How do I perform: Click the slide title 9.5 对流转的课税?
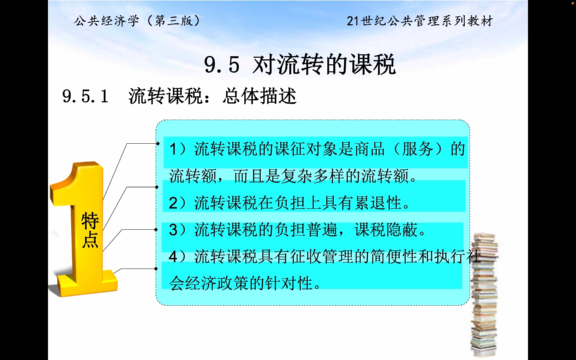click(x=300, y=64)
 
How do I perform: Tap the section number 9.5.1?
click(x=85, y=97)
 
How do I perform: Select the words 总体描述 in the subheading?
click(x=259, y=97)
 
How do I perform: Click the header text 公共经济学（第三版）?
click(x=137, y=21)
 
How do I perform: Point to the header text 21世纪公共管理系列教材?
click(x=420, y=21)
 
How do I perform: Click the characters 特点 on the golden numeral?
click(x=90, y=230)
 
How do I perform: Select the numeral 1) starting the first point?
click(x=177, y=149)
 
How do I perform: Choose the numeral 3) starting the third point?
click(x=177, y=230)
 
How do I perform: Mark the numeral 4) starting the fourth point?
click(x=177, y=257)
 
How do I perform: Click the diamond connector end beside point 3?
click(x=156, y=230)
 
